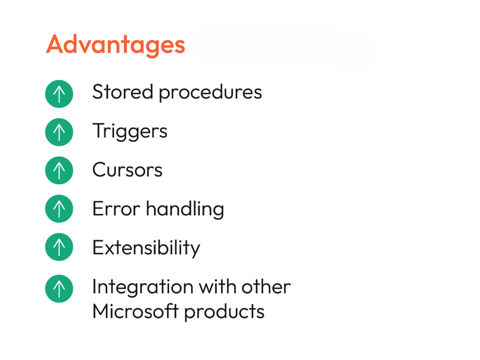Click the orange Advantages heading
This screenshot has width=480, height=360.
click(x=115, y=45)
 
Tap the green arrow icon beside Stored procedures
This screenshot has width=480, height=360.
click(x=59, y=94)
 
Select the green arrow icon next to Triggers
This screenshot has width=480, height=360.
click(x=59, y=132)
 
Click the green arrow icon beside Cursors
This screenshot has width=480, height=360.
click(x=59, y=170)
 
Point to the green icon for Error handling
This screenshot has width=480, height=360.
click(x=59, y=208)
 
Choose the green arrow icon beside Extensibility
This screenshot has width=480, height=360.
click(x=59, y=247)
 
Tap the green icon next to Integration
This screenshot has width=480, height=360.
click(x=59, y=288)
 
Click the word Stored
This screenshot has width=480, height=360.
click(x=123, y=92)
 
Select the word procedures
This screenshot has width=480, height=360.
click(x=210, y=93)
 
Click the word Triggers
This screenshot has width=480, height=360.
click(x=130, y=131)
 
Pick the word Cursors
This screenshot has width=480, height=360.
click(x=127, y=170)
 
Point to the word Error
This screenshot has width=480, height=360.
click(x=116, y=208)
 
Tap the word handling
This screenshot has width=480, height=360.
click(x=185, y=209)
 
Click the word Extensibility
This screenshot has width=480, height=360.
click(x=146, y=248)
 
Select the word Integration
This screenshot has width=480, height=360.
click(x=143, y=288)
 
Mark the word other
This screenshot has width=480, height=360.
click(x=266, y=286)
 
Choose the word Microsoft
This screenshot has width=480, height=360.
click(x=136, y=311)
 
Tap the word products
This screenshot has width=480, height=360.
click(x=224, y=312)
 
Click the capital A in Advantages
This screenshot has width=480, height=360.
click(x=55, y=44)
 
